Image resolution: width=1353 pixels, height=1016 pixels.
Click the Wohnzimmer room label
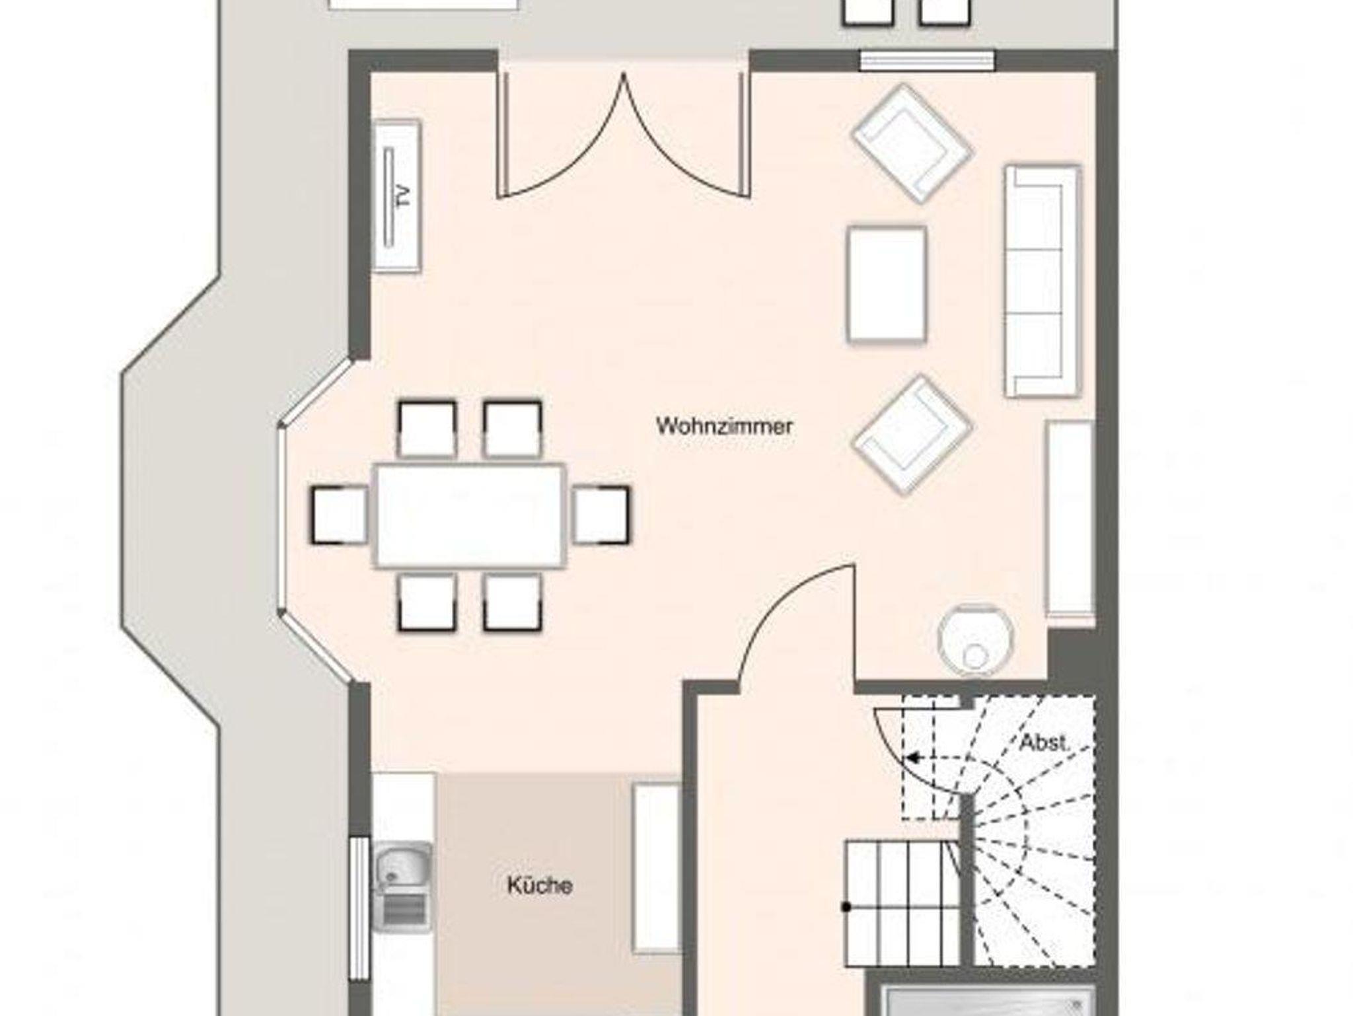click(724, 426)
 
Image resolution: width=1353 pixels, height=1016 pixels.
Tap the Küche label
click(540, 885)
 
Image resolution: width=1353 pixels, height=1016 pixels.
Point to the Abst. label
click(1044, 743)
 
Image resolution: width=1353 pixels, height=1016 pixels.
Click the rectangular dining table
click(470, 515)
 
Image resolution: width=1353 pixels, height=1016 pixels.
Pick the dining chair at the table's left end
click(340, 515)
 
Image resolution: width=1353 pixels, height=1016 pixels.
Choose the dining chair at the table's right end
click(601, 515)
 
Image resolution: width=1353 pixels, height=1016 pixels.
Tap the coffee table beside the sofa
click(887, 285)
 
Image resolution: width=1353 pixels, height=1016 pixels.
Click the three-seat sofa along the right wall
click(1042, 281)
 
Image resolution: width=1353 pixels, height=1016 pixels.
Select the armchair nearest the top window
click(912, 143)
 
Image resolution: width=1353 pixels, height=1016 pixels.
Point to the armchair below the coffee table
click(912, 435)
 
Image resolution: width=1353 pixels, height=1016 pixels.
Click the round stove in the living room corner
click(975, 640)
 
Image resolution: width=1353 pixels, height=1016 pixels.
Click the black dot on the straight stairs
click(846, 907)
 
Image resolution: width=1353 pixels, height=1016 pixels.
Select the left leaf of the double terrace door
click(562, 135)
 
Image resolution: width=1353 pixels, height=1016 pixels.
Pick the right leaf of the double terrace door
click(687, 135)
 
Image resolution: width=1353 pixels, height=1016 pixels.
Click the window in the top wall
click(927, 61)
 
